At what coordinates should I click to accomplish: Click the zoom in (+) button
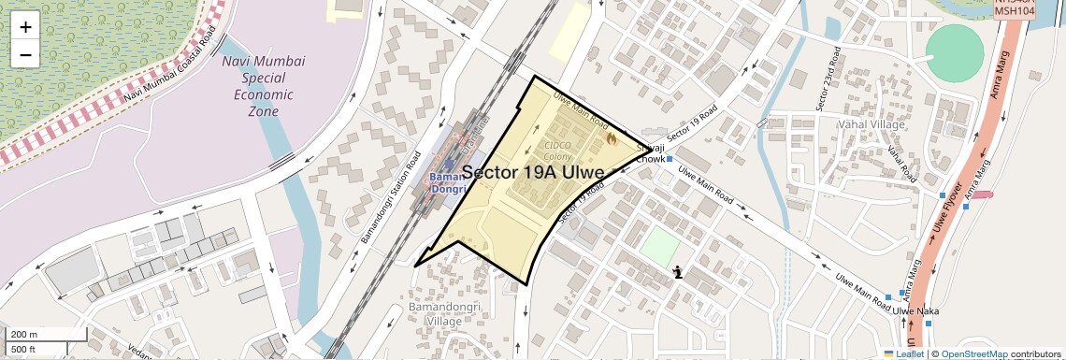click(x=25, y=26)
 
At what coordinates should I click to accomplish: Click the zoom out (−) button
click(x=25, y=54)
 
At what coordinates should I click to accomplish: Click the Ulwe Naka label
click(x=915, y=310)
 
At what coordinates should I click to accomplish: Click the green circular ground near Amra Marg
click(x=955, y=52)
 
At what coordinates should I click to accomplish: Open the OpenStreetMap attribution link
click(x=973, y=354)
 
